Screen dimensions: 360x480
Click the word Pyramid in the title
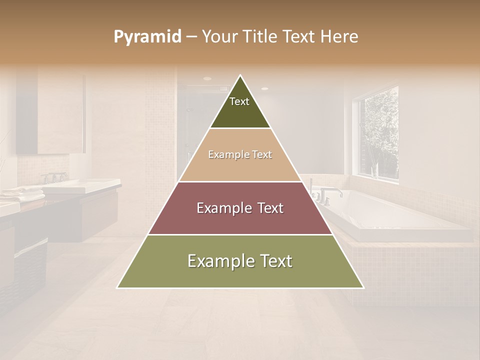(x=147, y=37)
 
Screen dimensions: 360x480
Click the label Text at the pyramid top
(x=239, y=101)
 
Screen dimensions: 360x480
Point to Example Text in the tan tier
(x=240, y=154)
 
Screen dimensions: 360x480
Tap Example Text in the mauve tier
(x=240, y=208)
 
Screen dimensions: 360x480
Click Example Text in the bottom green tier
(x=240, y=261)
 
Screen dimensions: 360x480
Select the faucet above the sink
(x=54, y=177)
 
